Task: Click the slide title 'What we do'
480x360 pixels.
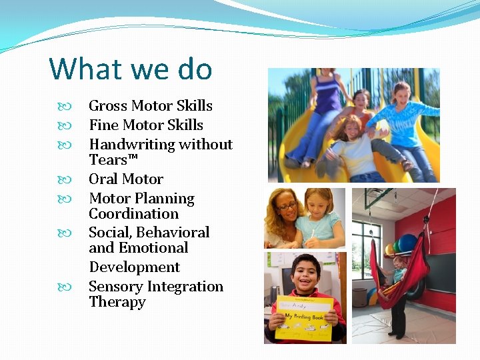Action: (131, 69)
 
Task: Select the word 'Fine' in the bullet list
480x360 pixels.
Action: (102, 125)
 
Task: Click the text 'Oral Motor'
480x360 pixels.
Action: (126, 179)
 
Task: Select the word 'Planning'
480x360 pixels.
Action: (163, 199)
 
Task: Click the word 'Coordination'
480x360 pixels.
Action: (134, 214)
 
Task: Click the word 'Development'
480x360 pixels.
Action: (135, 267)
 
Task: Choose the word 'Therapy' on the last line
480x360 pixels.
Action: (117, 302)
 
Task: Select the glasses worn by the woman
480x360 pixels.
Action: (287, 207)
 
